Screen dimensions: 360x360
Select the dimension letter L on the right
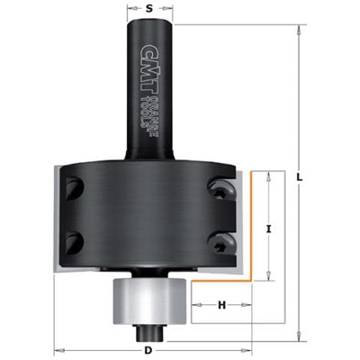[299, 177]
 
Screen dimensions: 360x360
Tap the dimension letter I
[269, 229]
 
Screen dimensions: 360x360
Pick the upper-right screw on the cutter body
[219, 186]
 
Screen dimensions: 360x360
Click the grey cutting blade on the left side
[59, 220]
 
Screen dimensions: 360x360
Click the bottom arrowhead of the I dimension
[268, 278]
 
